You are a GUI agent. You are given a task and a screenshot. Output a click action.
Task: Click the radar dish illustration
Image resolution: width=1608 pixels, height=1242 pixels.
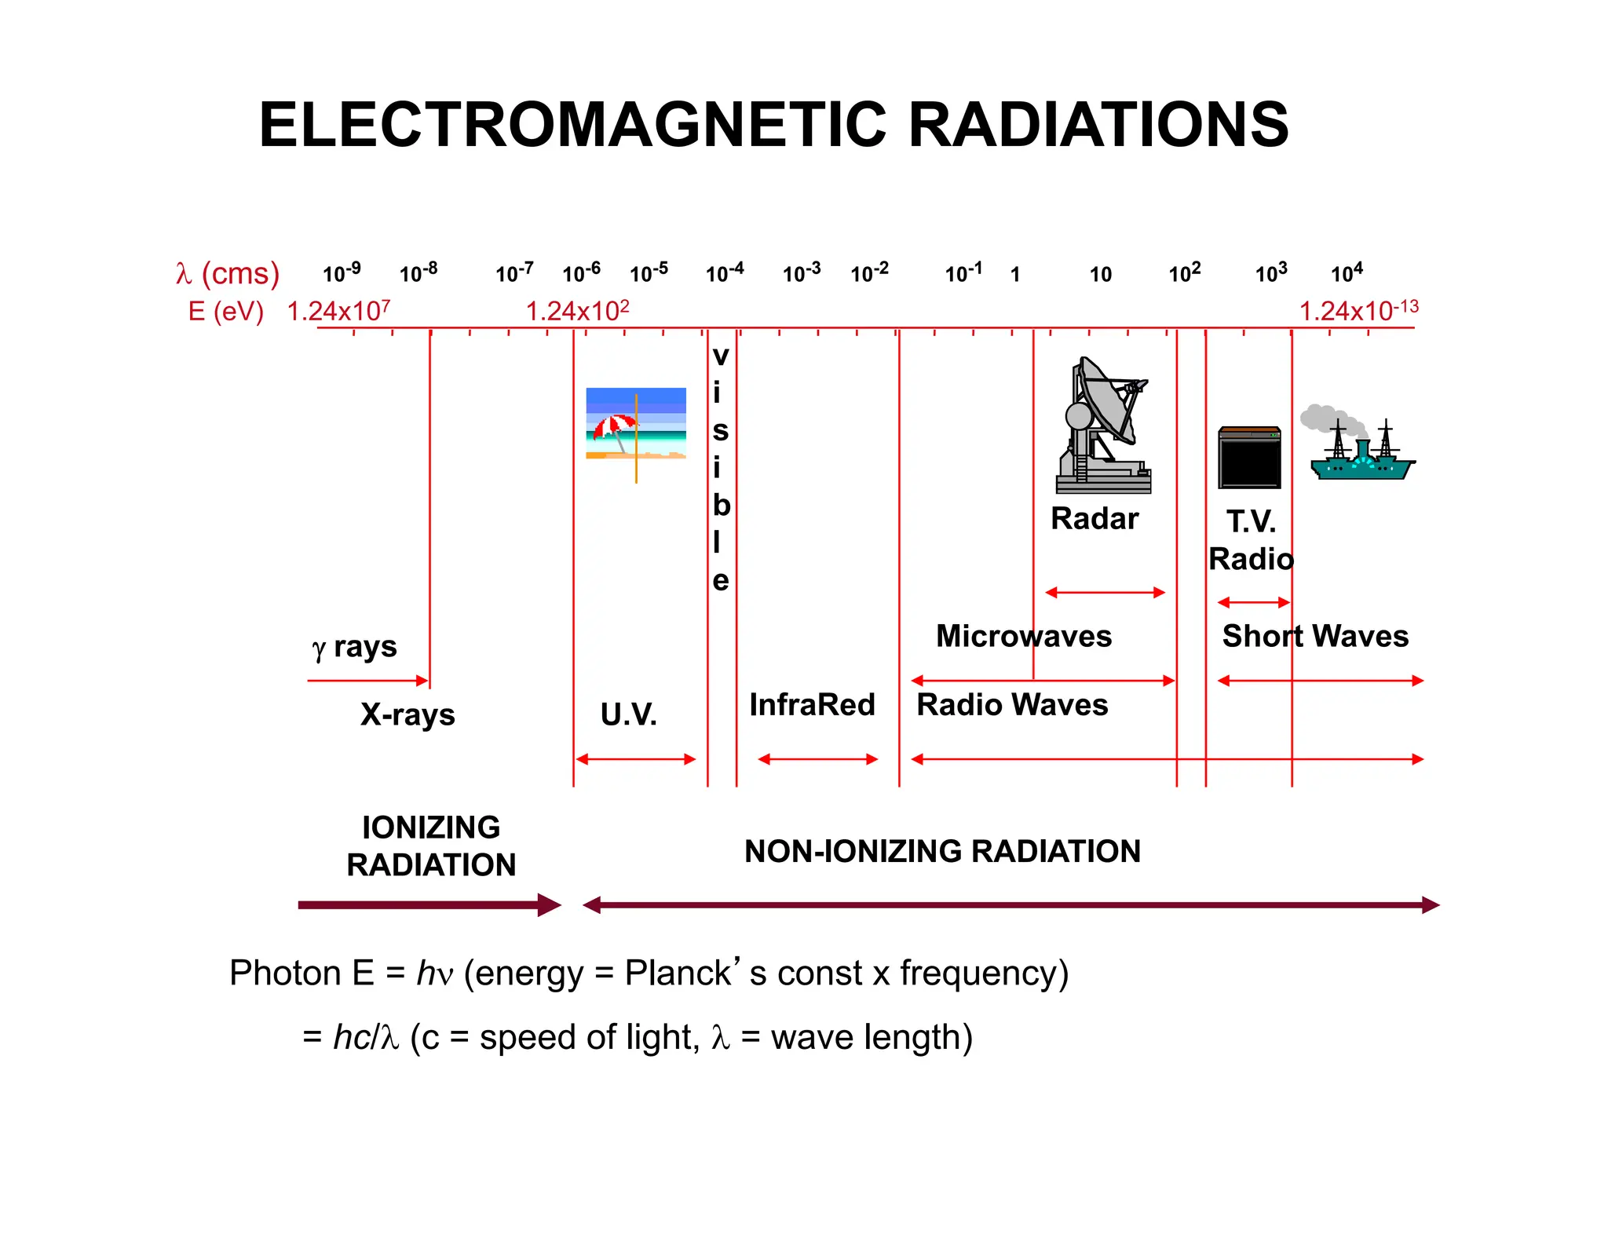[x=1103, y=426]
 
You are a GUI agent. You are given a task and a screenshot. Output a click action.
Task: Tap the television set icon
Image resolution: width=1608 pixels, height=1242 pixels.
[x=1249, y=458]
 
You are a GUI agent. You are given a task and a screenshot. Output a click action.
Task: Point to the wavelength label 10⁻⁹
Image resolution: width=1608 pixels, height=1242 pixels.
[x=342, y=272]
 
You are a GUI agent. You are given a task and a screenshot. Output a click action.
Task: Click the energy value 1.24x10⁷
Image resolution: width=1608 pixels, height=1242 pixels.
[x=338, y=311]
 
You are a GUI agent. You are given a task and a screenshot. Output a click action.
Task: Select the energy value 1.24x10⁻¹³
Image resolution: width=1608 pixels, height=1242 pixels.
[x=1358, y=311]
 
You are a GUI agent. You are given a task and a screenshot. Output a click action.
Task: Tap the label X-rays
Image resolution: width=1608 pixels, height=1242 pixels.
[x=407, y=714]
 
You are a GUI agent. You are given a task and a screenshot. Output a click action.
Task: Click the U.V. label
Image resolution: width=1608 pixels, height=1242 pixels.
[x=628, y=714]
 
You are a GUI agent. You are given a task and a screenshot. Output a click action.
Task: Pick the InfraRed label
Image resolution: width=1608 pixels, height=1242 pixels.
[x=812, y=704]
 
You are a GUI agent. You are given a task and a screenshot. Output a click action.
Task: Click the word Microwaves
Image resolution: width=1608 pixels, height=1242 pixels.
[x=1023, y=636]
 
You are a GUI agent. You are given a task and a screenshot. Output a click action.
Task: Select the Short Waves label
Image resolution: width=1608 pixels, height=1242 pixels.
[x=1315, y=636]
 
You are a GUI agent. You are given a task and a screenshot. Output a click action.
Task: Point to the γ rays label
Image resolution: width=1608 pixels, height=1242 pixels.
[x=354, y=648]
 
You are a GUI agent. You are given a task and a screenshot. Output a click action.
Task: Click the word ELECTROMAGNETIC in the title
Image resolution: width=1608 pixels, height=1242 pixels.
[x=573, y=125]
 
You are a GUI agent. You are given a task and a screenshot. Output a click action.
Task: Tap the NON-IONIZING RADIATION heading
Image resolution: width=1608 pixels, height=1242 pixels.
[x=942, y=851]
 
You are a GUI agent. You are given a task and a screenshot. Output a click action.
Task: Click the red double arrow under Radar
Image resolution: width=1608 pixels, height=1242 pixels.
[x=1105, y=593]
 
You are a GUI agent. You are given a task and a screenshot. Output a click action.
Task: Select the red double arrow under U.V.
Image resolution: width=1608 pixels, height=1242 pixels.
[x=635, y=759]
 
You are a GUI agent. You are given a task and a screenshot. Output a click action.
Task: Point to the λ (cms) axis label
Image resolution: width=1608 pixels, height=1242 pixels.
[x=228, y=273]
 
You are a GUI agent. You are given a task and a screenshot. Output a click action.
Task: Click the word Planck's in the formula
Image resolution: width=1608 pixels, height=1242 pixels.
[x=682, y=974]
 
